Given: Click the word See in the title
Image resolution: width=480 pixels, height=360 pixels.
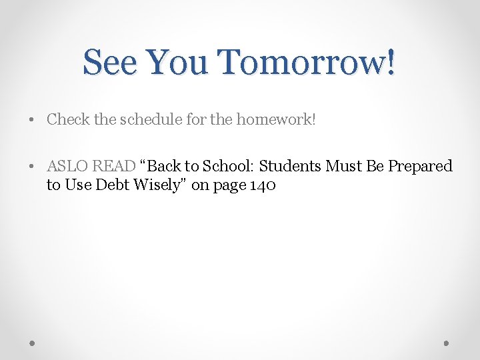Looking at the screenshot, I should pyautogui.click(x=110, y=63).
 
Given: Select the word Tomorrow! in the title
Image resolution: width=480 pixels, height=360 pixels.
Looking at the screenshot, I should pyautogui.click(x=308, y=63).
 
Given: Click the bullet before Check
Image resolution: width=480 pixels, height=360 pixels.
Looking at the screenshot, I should pyautogui.click(x=32, y=120).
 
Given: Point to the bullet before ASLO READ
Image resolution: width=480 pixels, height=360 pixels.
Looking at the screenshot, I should pyautogui.click(x=32, y=166).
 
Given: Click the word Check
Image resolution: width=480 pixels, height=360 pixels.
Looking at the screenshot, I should pyautogui.click(x=69, y=119).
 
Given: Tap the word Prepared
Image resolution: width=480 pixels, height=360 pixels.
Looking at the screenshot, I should pyautogui.click(x=420, y=167).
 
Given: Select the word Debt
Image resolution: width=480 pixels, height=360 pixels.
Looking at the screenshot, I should pyautogui.click(x=113, y=185).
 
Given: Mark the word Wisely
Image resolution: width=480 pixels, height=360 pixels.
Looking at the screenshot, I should pyautogui.click(x=160, y=185).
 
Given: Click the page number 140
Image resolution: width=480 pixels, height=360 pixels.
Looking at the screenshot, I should pyautogui.click(x=261, y=185).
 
